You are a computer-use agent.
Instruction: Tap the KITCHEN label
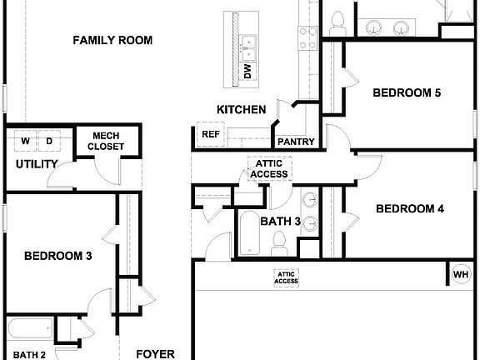point(241,109)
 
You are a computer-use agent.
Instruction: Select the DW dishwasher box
point(247,72)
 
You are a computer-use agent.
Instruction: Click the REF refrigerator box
point(209,132)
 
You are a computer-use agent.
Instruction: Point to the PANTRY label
point(296,142)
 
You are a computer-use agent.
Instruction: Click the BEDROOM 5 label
point(406,92)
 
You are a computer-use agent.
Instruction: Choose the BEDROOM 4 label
point(409,208)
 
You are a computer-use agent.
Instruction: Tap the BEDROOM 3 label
point(57,256)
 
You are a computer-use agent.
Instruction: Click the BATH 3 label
point(280,222)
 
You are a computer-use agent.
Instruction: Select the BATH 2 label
point(28,354)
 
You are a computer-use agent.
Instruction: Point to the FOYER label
point(155,353)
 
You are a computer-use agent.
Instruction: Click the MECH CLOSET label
point(107,141)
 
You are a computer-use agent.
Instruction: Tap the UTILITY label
point(37,164)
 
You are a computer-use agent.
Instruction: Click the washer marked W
point(25,141)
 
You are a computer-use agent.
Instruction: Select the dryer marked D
point(49,141)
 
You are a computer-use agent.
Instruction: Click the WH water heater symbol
point(461,273)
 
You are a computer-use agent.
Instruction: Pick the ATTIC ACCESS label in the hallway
point(269,168)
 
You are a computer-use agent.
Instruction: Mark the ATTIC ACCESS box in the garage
point(286,277)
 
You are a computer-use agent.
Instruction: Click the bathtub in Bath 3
point(249,233)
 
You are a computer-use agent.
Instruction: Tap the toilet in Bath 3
point(280,242)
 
